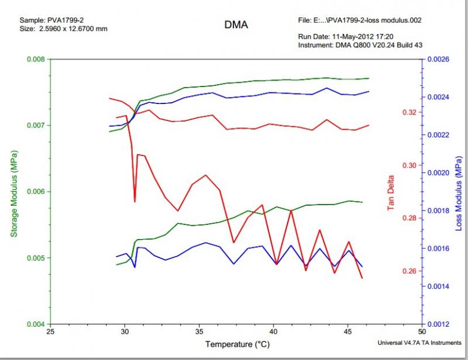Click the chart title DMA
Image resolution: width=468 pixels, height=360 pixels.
236,25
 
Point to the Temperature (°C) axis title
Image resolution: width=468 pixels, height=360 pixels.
236,344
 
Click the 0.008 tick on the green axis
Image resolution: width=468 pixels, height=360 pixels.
36,59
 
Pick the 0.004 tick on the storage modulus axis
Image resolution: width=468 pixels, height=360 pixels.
36,324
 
